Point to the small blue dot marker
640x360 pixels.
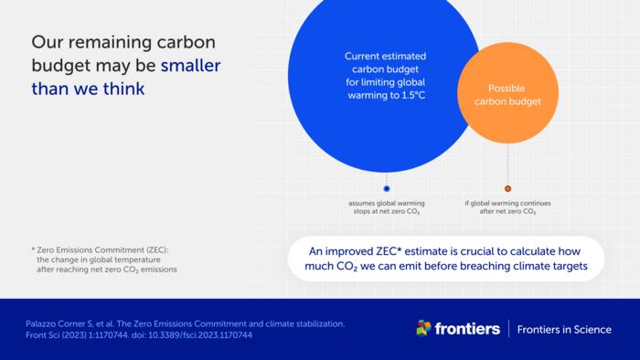point(387,188)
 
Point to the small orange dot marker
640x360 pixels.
point(508,188)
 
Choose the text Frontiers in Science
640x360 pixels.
point(564,329)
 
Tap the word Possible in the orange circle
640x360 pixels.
point(508,88)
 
